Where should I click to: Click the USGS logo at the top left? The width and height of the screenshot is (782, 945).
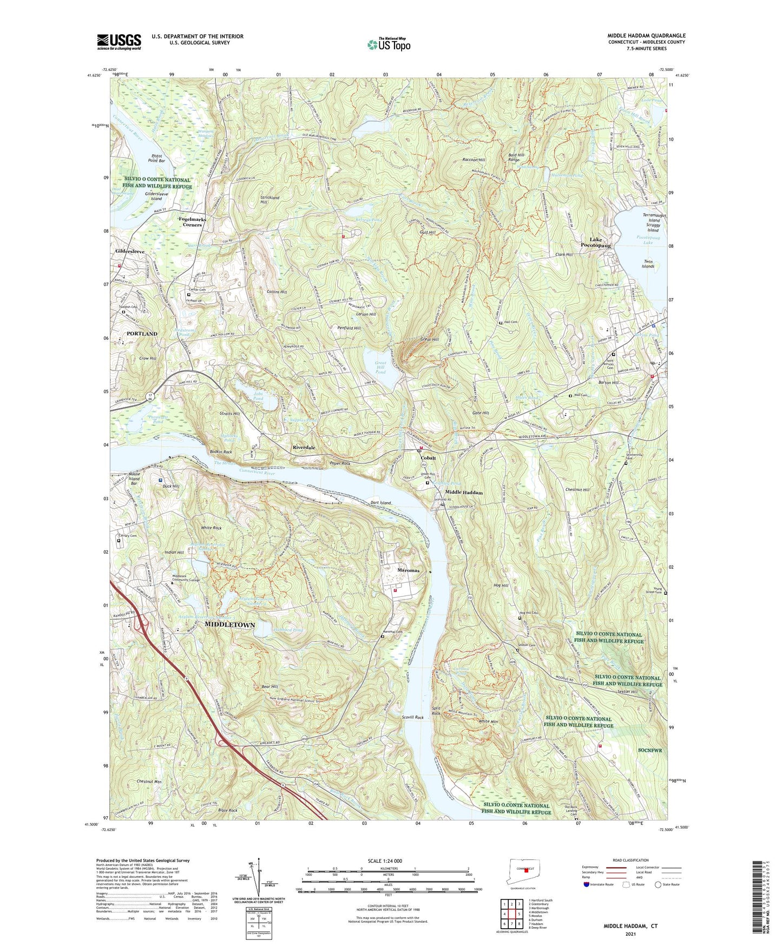119,41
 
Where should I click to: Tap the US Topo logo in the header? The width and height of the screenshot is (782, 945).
388,44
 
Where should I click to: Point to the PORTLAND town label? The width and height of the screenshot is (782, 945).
142,333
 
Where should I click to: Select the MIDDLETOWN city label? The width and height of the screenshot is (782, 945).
229,625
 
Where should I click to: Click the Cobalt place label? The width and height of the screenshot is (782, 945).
429,458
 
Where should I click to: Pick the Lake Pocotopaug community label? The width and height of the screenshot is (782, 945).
596,242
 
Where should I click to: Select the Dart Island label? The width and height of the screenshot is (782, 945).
381,503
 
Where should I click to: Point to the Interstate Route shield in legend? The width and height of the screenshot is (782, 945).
587,900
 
